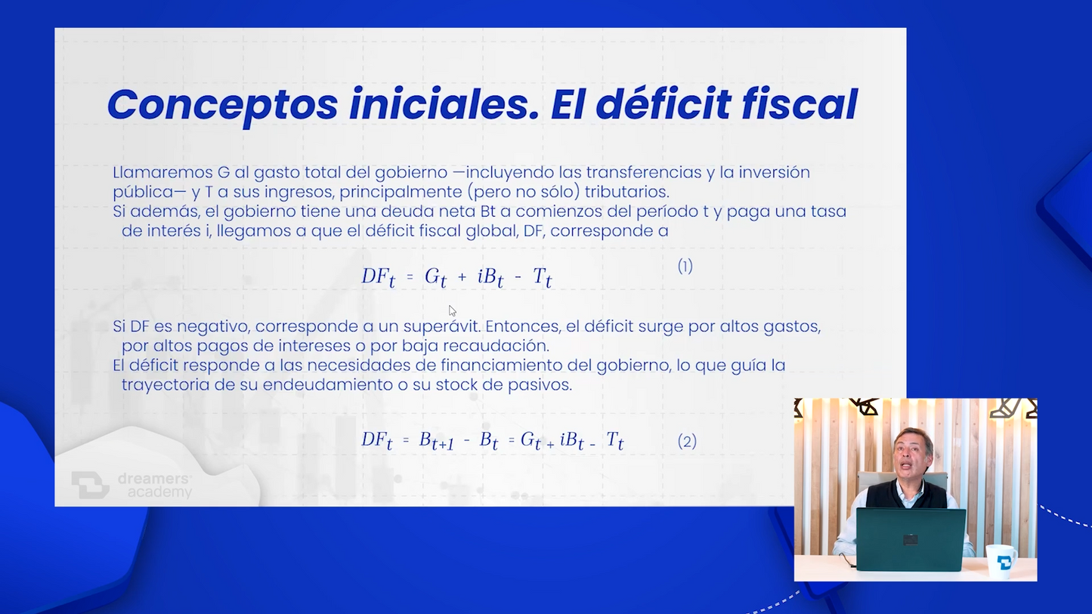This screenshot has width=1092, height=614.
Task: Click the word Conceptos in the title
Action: pyautogui.click(x=222, y=106)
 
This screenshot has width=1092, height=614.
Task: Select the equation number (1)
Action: pyautogui.click(x=685, y=266)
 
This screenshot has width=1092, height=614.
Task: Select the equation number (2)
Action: pyautogui.click(x=687, y=442)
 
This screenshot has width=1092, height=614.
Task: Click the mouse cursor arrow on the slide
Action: pyautogui.click(x=452, y=311)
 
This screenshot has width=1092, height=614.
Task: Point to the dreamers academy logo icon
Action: pyautogui.click(x=90, y=485)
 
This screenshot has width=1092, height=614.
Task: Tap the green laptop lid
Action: pyautogui.click(x=911, y=539)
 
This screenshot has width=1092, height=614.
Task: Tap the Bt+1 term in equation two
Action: pyautogui.click(x=436, y=441)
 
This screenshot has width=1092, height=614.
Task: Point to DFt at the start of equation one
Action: pyautogui.click(x=378, y=277)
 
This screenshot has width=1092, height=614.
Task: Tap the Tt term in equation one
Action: pyautogui.click(x=542, y=277)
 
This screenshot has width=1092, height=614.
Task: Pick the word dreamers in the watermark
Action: pyautogui.click(x=154, y=479)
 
